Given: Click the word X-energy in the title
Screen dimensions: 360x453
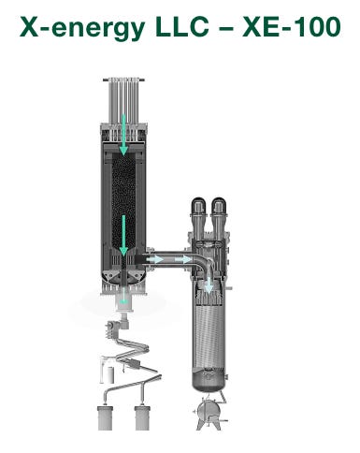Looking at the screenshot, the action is pos(82,28).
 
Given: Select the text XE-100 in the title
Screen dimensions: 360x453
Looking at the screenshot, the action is pos(292,27).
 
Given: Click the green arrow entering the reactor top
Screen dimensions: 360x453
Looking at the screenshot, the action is pos(123,135).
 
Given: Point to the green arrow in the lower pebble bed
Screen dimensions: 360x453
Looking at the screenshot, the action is pos(123,235).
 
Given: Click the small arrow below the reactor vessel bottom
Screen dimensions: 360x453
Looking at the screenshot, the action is pos(124,297).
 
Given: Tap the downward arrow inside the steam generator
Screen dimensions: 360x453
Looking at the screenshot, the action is pos(209,284).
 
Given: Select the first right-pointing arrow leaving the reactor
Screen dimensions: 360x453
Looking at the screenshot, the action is pos(154,259).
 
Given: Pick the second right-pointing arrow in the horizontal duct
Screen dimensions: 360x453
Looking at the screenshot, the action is pos(183,259).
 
